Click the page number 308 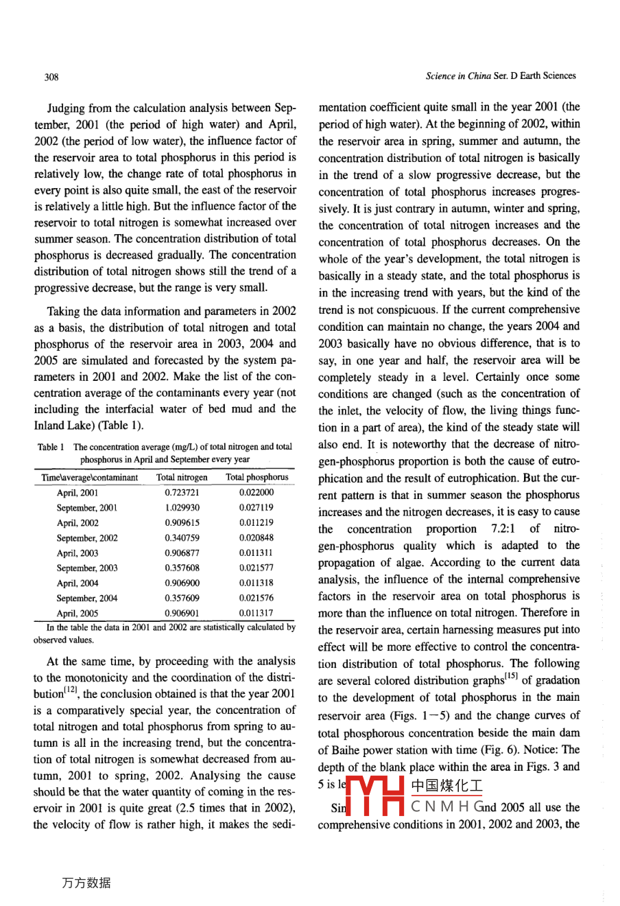tap(51, 77)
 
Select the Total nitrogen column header tap(182, 477)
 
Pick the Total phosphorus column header tap(257, 477)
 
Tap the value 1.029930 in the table tap(182, 508)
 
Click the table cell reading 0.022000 tap(257, 493)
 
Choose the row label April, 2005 tap(77, 614)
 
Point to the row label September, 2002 tap(86, 538)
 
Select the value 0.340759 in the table tap(182, 538)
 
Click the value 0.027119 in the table tap(257, 508)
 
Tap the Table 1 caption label tap(51, 448)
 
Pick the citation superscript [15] tap(512, 677)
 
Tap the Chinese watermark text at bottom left tap(86, 883)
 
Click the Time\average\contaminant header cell tap(90, 477)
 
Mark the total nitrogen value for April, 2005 tap(182, 614)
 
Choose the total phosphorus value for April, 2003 tap(257, 553)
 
